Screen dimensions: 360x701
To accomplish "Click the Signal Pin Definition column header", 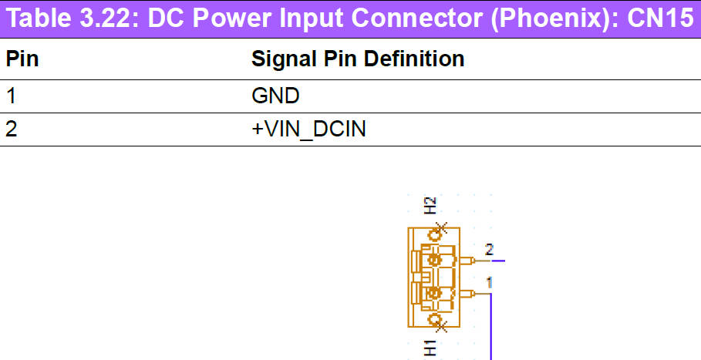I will (x=358, y=59).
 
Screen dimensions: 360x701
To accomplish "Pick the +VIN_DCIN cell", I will (x=308, y=130).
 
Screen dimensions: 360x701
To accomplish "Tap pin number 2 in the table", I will (x=12, y=130).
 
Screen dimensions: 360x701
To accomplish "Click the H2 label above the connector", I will (x=430, y=204).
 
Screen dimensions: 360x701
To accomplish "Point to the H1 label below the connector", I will (x=430, y=348).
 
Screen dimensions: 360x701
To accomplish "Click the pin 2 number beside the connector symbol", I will (x=488, y=249).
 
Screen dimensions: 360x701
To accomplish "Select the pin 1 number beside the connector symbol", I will (x=489, y=282).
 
